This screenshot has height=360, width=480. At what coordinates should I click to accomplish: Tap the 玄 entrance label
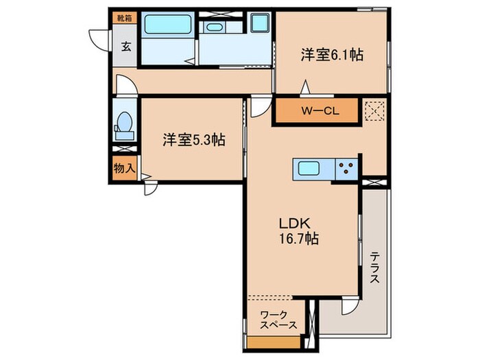click(x=127, y=47)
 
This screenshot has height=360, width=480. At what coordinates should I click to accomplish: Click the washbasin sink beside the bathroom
click(x=215, y=28)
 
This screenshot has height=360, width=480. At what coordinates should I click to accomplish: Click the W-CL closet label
click(x=316, y=110)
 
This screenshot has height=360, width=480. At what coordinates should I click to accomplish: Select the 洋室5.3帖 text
click(x=194, y=140)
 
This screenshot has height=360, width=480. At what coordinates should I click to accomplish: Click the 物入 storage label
click(x=123, y=168)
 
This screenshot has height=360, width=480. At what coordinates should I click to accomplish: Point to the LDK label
click(x=293, y=223)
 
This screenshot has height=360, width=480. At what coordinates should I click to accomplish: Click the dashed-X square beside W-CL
click(x=374, y=110)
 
